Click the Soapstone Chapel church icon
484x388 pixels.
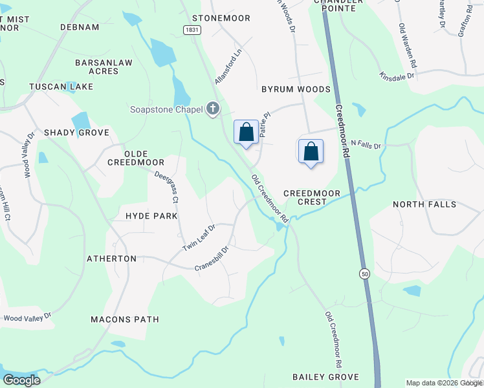(x=213, y=109)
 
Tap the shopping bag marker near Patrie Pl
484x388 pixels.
(x=246, y=133)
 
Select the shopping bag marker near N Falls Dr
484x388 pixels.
(x=311, y=151)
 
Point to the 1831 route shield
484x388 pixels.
(x=191, y=30)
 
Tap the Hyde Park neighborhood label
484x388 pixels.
(x=151, y=216)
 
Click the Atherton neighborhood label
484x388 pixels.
(x=112, y=259)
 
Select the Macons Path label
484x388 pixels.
(x=125, y=319)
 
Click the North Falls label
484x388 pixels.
(x=424, y=204)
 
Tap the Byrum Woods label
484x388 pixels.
(x=296, y=89)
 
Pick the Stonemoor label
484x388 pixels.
(x=221, y=18)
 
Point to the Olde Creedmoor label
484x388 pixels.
(x=144, y=158)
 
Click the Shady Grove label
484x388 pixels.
(x=76, y=133)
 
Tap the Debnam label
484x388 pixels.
(x=80, y=27)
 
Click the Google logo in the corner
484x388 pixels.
(x=22, y=380)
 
